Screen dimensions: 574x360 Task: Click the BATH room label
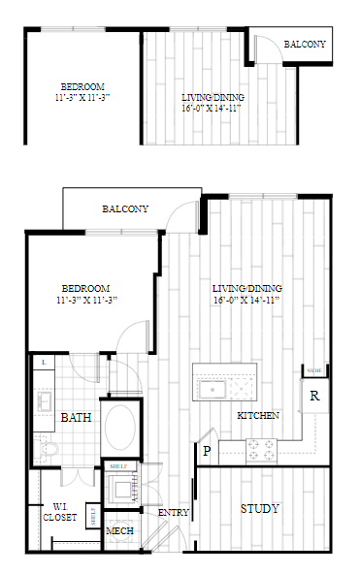(76, 418)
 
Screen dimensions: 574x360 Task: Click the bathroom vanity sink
(45, 399)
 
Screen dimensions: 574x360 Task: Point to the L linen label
(44, 363)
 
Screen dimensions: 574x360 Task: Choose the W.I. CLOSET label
(59, 511)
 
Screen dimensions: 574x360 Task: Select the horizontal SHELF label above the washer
(118, 466)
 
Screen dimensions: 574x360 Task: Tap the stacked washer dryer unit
(121, 490)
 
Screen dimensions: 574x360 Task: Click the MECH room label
(119, 530)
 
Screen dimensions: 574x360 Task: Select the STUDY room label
(259, 508)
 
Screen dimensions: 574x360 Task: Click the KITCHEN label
(258, 415)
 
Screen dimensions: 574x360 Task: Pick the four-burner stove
(261, 448)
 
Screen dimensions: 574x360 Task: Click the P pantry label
(207, 450)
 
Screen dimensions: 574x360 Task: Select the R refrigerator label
(314, 396)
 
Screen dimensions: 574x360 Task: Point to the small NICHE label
(313, 371)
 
